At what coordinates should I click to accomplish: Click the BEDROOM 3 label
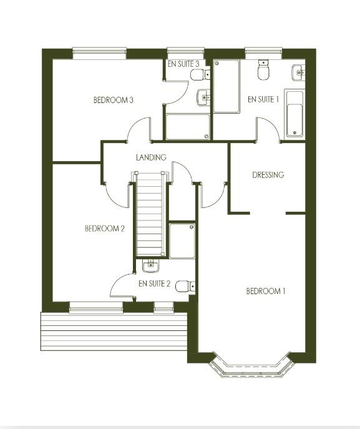[114, 100]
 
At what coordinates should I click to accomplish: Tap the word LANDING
[151, 157]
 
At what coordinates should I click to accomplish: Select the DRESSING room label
[268, 175]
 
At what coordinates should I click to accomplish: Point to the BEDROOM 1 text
[266, 291]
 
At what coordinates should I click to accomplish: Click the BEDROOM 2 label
[105, 229]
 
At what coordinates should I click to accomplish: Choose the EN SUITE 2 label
[154, 284]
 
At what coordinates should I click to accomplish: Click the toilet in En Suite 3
[199, 75]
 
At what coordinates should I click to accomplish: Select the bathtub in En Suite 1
[293, 114]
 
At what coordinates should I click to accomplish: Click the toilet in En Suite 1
[263, 71]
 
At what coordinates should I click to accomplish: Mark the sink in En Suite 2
[150, 267]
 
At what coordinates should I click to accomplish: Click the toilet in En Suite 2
[184, 286]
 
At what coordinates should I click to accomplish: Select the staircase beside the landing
[150, 215]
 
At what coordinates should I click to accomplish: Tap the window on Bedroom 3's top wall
[99, 53]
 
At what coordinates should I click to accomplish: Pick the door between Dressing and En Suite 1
[268, 130]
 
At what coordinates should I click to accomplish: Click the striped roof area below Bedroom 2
[114, 331]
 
